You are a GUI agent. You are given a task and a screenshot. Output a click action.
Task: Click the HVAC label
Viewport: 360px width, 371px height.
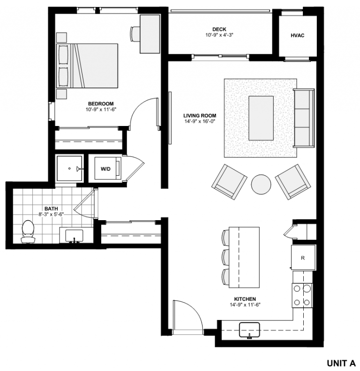pos(298,36)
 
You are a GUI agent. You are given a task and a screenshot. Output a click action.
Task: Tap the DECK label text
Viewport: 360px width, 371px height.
pos(219,29)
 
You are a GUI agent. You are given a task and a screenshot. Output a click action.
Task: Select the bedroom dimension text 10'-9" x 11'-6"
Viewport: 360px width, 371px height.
pos(100,110)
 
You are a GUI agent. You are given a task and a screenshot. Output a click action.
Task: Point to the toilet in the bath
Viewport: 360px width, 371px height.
pos(28,232)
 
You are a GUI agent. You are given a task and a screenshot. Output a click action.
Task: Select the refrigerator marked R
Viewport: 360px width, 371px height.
pos(303,258)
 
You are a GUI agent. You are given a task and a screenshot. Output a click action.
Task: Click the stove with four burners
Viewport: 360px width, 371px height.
pos(302,295)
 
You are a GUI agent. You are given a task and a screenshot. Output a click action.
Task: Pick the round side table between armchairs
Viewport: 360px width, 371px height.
pos(261,184)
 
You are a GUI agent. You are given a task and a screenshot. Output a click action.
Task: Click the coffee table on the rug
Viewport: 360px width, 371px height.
pos(261,118)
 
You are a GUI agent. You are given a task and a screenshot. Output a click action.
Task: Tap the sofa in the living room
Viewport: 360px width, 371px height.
pos(303,117)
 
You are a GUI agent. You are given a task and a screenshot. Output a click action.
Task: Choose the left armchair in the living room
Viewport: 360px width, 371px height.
pos(230,181)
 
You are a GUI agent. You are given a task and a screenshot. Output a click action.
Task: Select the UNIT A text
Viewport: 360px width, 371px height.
pos(341,363)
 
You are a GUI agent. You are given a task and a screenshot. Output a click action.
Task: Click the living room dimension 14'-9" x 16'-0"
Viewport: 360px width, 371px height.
pos(200,122)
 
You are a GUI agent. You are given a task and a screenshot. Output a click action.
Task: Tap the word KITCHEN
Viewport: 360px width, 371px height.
pos(245,299)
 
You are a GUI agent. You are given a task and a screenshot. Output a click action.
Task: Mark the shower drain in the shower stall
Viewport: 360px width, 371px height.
pos(69,168)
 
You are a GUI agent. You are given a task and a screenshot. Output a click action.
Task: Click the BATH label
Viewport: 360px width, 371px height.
pos(51,208)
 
